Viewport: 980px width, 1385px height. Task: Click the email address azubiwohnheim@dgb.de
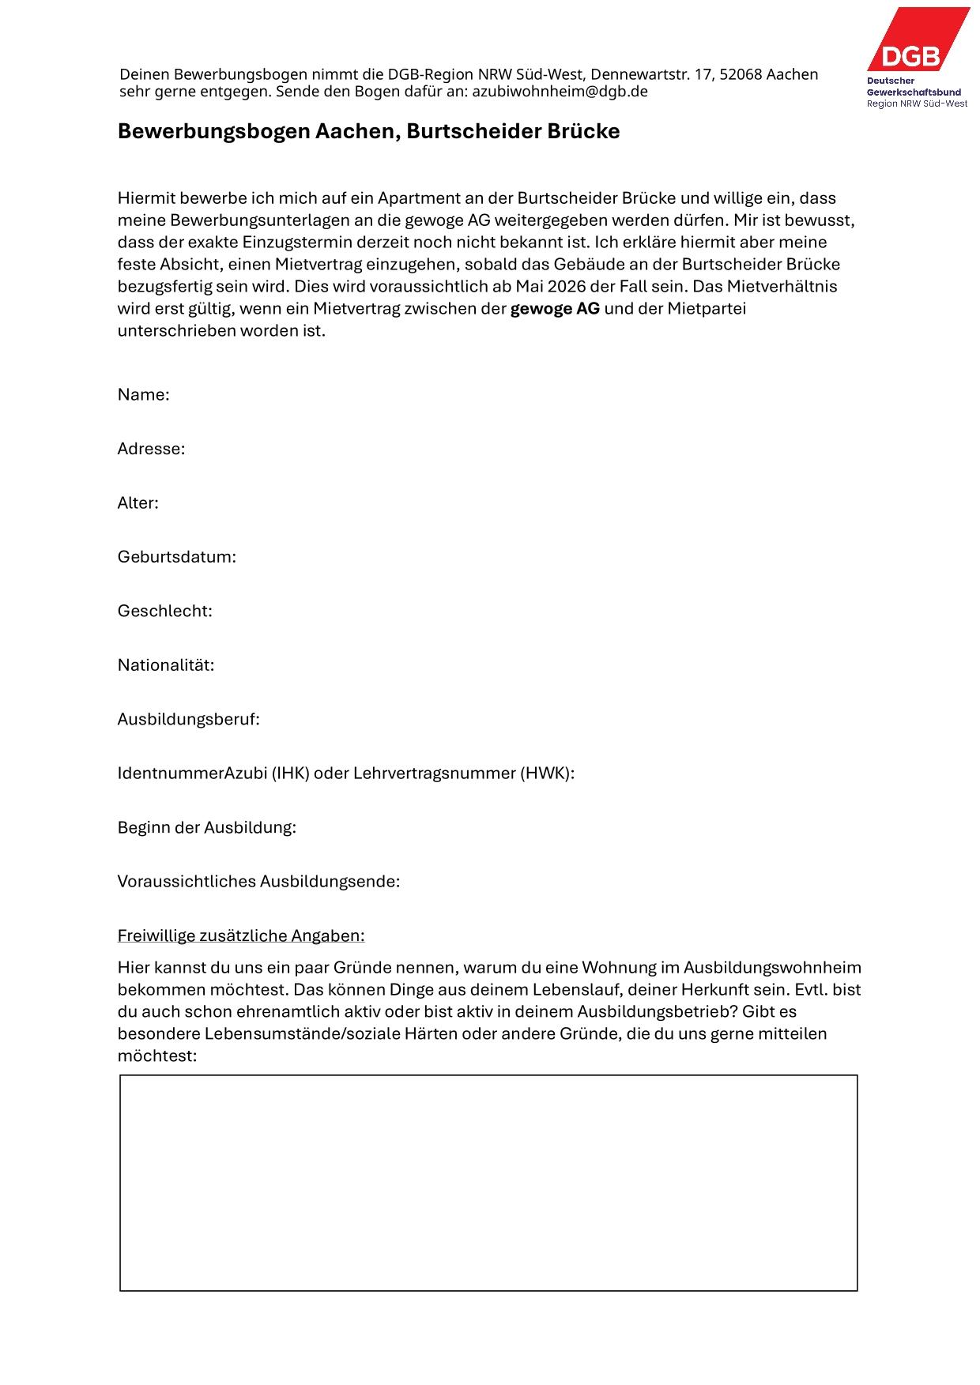pyautogui.click(x=560, y=92)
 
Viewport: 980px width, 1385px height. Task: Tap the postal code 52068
pyautogui.click(x=740, y=75)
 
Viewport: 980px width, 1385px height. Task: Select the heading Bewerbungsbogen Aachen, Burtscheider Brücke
pyautogui.click(x=368, y=131)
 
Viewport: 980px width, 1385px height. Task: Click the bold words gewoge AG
pyautogui.click(x=555, y=309)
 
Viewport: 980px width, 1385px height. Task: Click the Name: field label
pyautogui.click(x=144, y=395)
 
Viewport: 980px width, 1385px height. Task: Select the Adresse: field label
pyautogui.click(x=151, y=449)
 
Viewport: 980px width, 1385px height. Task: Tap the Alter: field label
pyautogui.click(x=138, y=503)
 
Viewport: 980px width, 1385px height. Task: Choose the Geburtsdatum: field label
pyautogui.click(x=177, y=557)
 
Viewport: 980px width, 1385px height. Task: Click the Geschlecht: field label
pyautogui.click(x=165, y=611)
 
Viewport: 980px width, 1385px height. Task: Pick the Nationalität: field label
pyautogui.click(x=166, y=665)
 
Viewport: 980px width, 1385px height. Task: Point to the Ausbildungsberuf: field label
pyautogui.click(x=189, y=719)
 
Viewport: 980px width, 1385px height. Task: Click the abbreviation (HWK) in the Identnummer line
pyautogui.click(x=545, y=773)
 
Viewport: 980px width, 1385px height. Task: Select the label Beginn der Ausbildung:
pyautogui.click(x=207, y=827)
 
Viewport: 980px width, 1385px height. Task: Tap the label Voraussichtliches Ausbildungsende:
pyautogui.click(x=258, y=882)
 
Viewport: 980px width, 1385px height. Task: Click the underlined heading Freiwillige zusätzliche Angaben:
pyautogui.click(x=241, y=935)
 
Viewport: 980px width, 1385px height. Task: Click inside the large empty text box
pyautogui.click(x=488, y=1182)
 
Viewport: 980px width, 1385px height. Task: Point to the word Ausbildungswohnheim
pyautogui.click(x=772, y=968)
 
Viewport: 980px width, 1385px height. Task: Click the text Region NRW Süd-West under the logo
pyautogui.click(x=917, y=103)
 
